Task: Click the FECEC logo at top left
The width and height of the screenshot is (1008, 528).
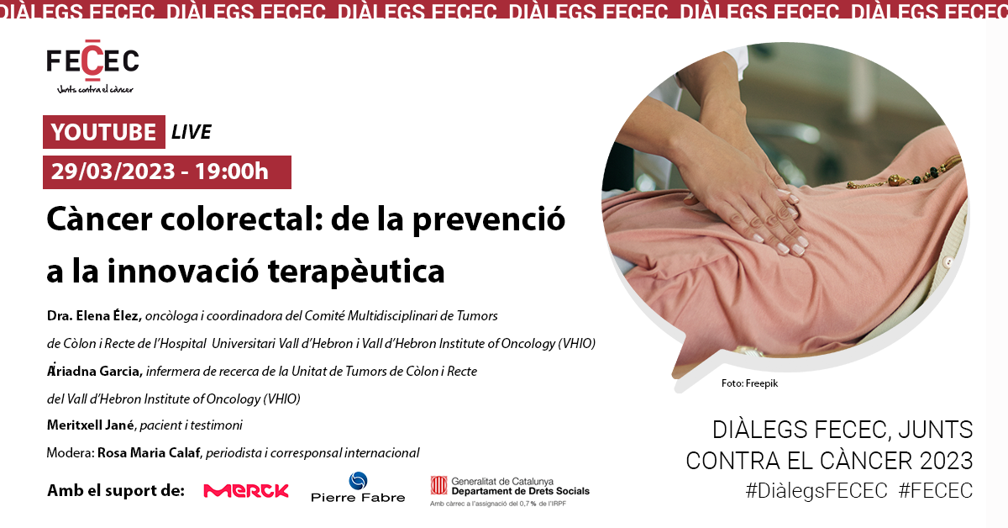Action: click(92, 66)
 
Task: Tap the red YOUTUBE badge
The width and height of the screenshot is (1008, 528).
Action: click(104, 132)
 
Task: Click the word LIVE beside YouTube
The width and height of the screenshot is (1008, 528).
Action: click(192, 132)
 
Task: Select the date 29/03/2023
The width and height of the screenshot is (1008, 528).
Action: click(113, 172)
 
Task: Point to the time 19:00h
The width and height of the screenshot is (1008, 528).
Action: click(232, 172)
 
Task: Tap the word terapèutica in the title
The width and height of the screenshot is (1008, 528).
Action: click(356, 272)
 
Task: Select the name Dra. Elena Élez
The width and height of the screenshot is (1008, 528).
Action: click(94, 316)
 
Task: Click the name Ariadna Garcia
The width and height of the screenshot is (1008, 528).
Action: click(95, 372)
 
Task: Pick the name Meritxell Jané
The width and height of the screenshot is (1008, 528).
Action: click(91, 425)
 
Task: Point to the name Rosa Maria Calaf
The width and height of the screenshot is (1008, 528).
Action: click(149, 453)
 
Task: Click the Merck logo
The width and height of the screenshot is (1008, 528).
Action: click(246, 491)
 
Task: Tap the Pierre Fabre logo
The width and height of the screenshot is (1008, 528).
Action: click(358, 487)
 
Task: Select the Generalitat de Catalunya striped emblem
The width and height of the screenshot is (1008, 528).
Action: click(438, 485)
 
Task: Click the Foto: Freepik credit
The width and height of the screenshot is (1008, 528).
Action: click(749, 383)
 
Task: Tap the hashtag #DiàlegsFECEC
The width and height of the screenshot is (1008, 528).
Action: click(816, 491)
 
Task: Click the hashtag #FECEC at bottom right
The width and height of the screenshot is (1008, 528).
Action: click(936, 491)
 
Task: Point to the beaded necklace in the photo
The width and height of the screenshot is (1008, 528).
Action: click(905, 173)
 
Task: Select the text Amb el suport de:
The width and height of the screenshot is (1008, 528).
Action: click(116, 491)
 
